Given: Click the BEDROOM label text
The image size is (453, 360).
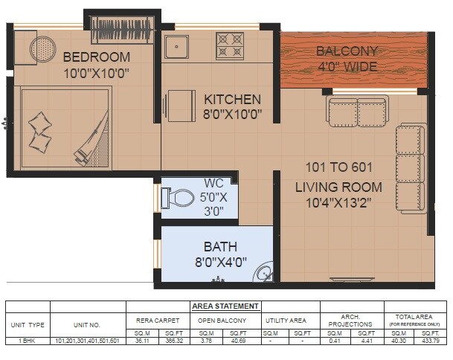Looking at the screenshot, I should [x=97, y=57].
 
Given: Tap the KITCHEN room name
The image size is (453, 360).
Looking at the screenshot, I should [x=233, y=99].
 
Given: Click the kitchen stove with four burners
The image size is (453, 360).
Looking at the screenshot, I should [x=230, y=45].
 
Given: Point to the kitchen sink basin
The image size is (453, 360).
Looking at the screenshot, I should [x=177, y=47].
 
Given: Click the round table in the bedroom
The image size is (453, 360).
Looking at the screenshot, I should [x=42, y=50].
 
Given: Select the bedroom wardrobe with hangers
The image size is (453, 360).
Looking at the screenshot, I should [x=122, y=30].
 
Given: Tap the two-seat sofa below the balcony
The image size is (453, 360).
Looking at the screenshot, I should [x=357, y=112].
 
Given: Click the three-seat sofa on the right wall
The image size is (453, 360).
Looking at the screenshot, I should [x=410, y=169].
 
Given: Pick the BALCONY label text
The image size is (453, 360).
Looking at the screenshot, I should [x=347, y=51].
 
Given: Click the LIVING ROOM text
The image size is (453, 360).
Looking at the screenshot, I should [x=338, y=187].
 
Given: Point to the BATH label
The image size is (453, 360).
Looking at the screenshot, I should [x=221, y=246].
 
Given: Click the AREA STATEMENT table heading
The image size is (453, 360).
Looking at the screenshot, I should [x=225, y=306].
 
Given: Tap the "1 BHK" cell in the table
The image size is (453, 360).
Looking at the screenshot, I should [x=28, y=340].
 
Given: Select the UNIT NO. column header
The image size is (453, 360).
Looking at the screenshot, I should [x=87, y=324].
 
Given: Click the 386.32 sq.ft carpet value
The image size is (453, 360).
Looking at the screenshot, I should [x=174, y=340].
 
